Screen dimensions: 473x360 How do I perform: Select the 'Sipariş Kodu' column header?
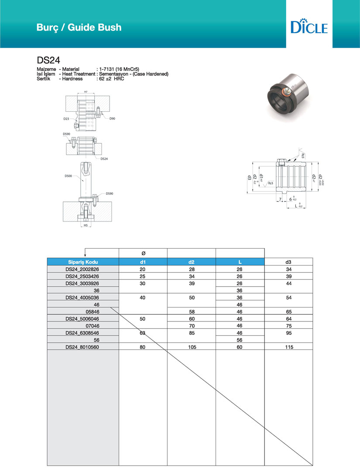[82, 262]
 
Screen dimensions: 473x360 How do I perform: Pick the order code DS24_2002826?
[82, 269]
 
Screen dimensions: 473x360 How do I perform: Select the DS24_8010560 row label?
[82, 347]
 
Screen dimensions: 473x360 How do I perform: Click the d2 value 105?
[191, 347]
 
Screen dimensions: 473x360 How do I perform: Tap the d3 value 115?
[288, 347]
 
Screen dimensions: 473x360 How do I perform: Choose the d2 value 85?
[191, 333]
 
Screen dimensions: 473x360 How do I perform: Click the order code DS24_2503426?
[82, 276]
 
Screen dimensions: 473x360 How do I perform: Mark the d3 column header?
[288, 262]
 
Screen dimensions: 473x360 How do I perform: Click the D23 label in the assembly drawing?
[66, 118]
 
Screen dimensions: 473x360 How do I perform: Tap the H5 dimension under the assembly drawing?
[86, 225]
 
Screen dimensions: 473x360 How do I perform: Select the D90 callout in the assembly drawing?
[112, 118]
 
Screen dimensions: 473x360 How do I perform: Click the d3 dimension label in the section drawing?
[250, 177]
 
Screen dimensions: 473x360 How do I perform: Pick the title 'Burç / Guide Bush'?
[79, 27]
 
